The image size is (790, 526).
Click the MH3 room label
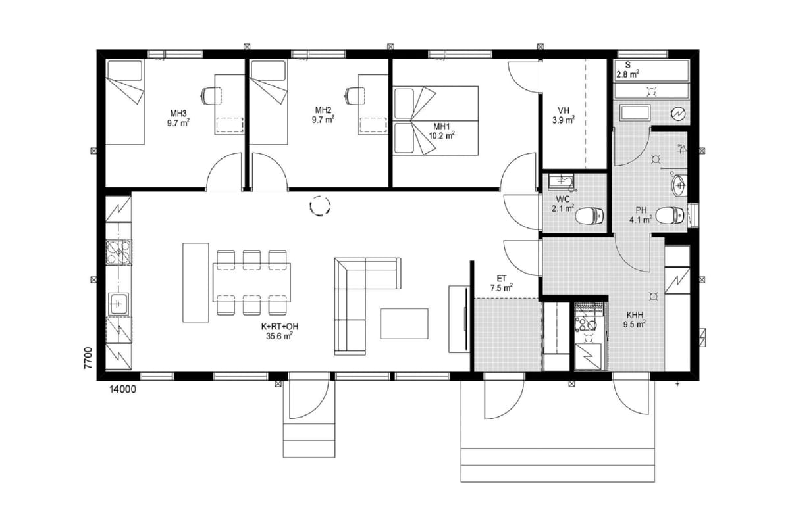point(178,114)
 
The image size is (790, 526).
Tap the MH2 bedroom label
point(323,110)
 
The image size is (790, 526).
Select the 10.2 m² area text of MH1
point(442,135)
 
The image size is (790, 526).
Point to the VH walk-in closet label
point(564,110)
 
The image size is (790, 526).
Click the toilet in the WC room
point(590,216)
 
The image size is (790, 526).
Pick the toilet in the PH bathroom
point(670,215)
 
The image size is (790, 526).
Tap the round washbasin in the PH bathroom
point(679,185)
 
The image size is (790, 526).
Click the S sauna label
point(628,65)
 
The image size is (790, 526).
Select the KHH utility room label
point(635,314)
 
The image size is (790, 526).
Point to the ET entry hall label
point(502,279)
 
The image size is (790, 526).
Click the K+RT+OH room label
point(280,327)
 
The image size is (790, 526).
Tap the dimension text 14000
point(122,389)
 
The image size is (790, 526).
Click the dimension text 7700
point(88,358)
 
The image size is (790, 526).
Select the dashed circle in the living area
point(320,206)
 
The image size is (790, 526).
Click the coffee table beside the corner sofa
point(404,323)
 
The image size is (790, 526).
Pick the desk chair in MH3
point(211,96)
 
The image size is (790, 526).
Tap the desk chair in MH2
point(354,96)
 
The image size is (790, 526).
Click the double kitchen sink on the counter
point(119,252)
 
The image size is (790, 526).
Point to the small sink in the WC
point(561,181)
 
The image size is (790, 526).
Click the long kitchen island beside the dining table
point(196,282)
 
